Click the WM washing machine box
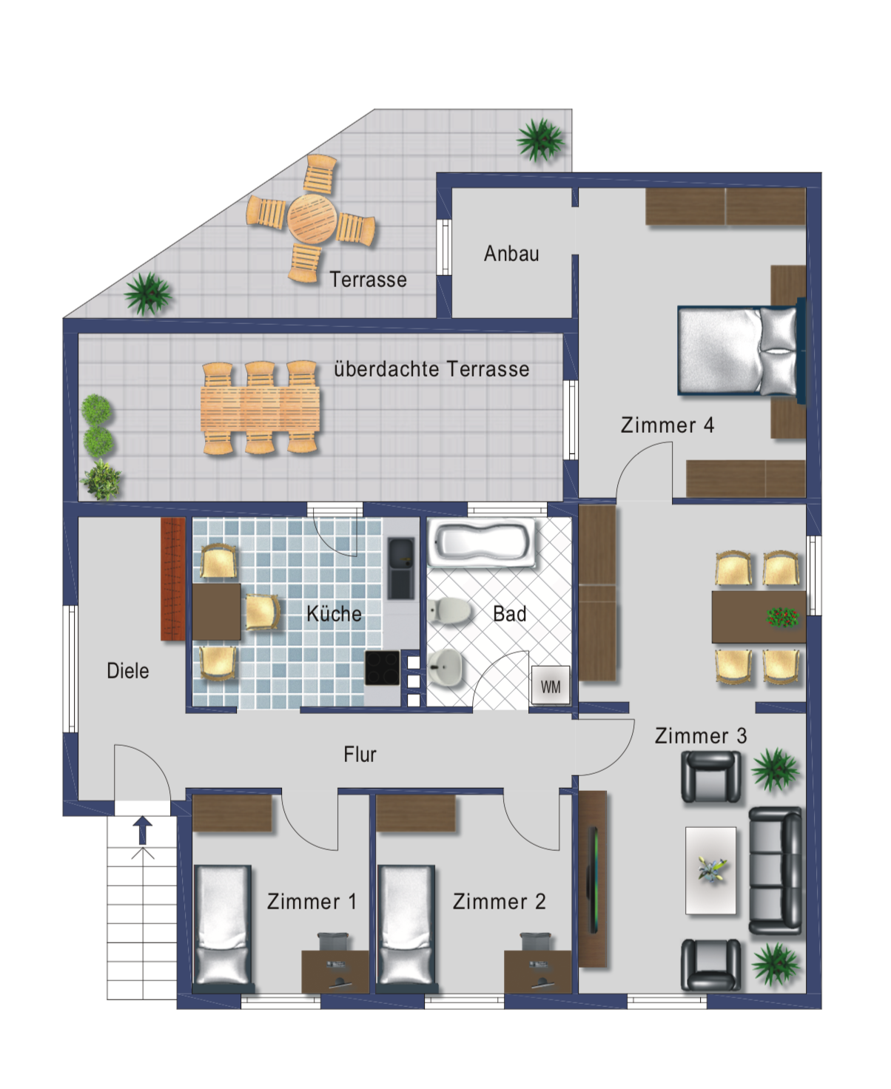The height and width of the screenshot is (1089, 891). pos(551,685)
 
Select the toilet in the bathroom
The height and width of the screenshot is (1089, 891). pos(449,611)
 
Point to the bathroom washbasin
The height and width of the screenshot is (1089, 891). pos(444,667)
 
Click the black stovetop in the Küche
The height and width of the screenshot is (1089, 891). pos(382,667)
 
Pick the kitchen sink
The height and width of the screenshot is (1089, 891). pos(401,568)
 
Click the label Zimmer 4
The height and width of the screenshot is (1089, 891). pos(667,425)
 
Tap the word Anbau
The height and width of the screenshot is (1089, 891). pos(511,254)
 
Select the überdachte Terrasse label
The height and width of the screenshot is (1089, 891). pos(431,369)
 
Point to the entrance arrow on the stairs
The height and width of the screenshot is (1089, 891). pos(143,830)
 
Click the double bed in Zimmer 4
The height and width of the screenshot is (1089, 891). pos(739,351)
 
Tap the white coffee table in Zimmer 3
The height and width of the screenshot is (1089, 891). pos(710,870)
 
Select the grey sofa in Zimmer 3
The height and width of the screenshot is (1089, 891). pos(776,871)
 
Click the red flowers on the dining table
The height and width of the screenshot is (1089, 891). pos(783,616)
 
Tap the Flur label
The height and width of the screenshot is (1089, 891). pos(360,754)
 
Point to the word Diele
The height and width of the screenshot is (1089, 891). pos(127,671)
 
